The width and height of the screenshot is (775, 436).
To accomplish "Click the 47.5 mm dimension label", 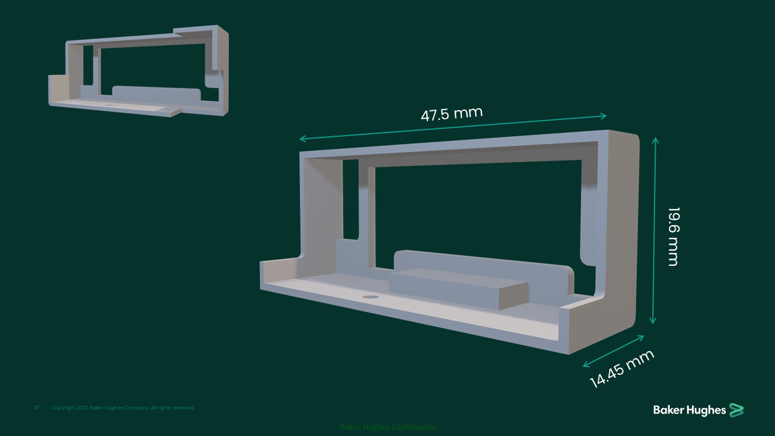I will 452,113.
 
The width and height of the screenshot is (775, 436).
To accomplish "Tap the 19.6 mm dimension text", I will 673,236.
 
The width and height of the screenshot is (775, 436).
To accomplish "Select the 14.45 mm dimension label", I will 622,368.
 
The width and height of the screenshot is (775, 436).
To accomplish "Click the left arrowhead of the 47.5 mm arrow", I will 302,139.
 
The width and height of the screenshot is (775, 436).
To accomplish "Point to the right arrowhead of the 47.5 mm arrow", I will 604,115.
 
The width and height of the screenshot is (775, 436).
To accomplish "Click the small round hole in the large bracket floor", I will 370,297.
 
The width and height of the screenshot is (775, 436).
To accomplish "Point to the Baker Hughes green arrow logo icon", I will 736,410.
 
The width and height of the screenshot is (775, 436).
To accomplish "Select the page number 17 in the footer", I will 36,408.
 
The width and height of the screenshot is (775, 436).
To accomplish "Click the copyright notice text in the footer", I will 123,408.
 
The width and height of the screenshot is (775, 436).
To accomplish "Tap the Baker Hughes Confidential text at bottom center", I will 387,427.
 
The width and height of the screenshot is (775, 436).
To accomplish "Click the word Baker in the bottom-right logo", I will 668,411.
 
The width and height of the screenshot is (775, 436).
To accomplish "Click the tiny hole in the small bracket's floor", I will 110,104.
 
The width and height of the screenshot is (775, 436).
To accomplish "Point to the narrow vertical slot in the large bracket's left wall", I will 351,200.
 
